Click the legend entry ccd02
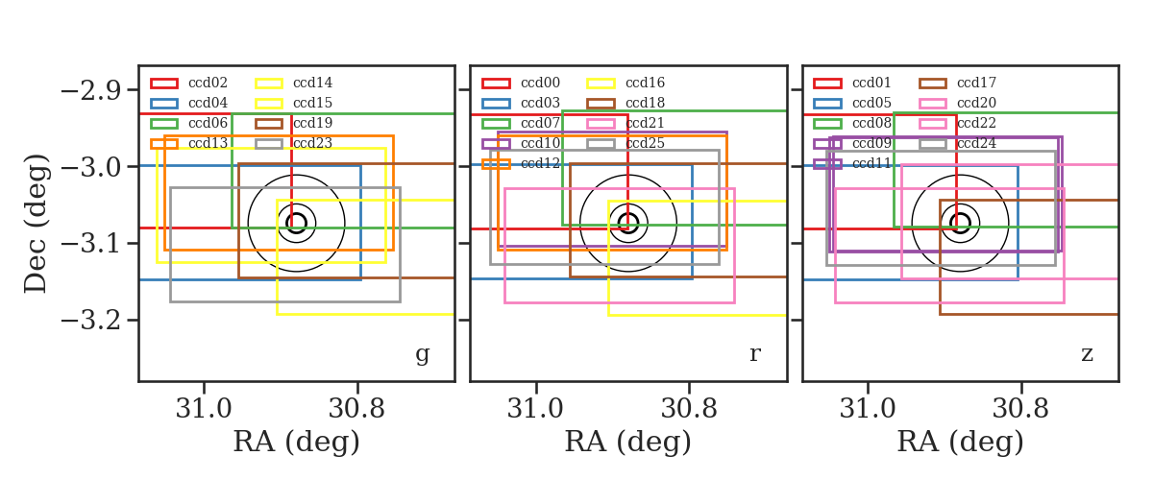point(188,83)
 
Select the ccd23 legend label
point(294,144)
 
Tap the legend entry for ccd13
point(188,144)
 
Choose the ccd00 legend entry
point(521,83)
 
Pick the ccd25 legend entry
point(626,144)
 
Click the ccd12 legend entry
point(521,163)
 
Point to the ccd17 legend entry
point(957,83)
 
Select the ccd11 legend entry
point(852,163)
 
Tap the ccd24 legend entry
point(957,144)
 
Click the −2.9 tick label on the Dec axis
point(91,91)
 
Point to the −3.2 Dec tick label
point(91,321)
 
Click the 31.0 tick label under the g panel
point(204,409)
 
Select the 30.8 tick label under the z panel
point(1020,409)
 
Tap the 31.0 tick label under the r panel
point(536,409)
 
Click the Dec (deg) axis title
point(37,224)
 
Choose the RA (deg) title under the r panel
point(628,443)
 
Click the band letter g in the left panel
point(422,354)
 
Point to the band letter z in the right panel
point(1087,354)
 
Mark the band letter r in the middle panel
point(754,354)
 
